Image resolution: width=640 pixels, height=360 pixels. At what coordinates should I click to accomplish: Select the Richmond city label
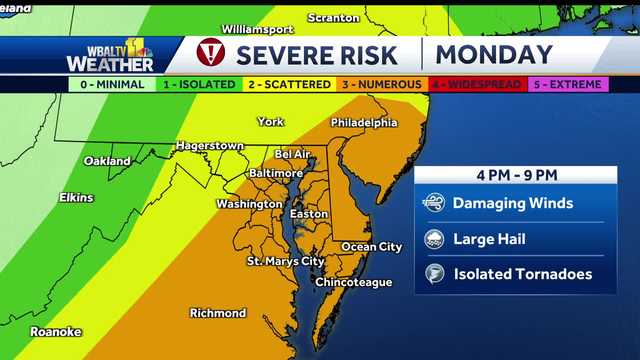coord(217,313)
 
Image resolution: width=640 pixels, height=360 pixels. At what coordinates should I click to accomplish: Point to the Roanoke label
coord(55,331)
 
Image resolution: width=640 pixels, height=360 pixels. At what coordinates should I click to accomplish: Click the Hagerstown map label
coord(210,145)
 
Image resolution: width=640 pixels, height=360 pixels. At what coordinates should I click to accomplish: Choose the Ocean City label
coord(372,246)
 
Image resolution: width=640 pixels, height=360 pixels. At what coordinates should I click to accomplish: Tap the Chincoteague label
coord(354,282)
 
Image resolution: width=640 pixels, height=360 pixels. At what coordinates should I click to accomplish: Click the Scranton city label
coord(333,18)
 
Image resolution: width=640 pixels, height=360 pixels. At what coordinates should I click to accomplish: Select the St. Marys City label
coord(286,261)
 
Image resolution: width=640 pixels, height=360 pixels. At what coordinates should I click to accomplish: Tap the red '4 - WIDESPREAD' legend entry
coord(475,85)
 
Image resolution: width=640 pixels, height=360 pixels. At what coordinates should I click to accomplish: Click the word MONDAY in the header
coord(494,55)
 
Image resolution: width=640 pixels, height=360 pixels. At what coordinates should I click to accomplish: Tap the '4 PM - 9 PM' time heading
coord(516,175)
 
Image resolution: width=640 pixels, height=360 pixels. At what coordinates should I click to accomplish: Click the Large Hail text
coord(489,239)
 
